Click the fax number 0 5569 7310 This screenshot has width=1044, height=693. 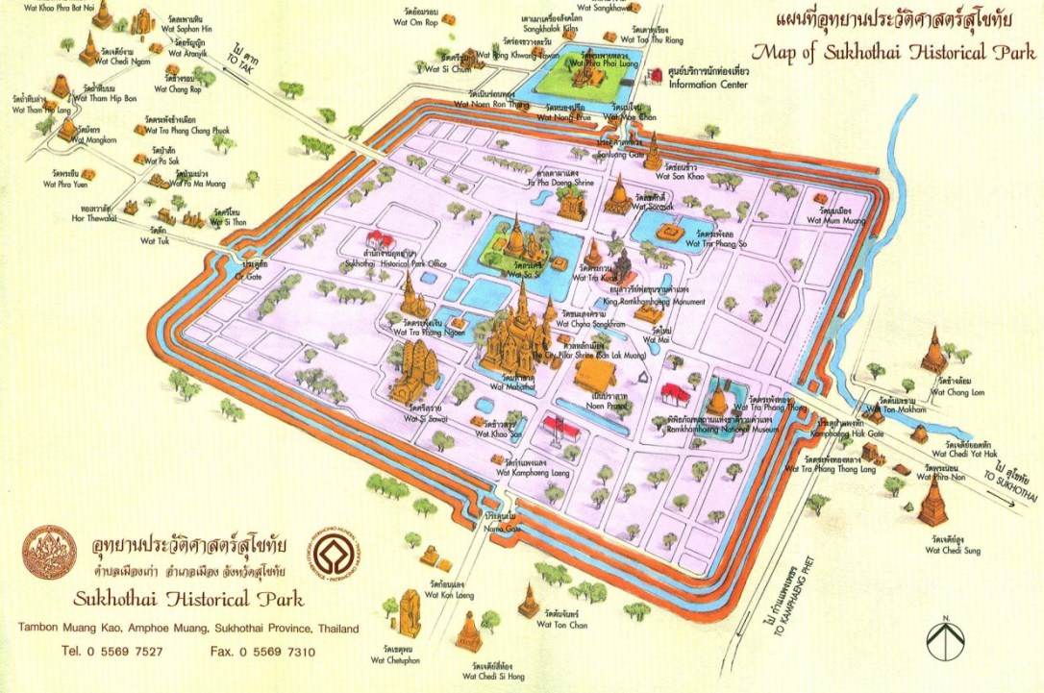pos(262,652)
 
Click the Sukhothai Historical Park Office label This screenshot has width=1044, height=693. pos(395,260)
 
